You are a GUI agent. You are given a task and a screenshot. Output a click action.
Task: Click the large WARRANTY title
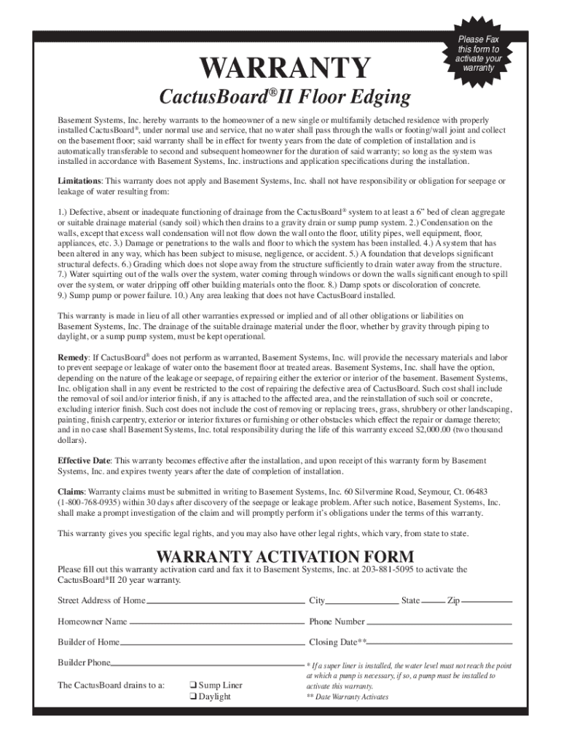click(x=286, y=68)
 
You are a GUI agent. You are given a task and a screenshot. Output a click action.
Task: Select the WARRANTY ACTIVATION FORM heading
click(x=286, y=557)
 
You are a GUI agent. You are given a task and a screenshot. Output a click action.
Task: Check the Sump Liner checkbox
click(x=192, y=686)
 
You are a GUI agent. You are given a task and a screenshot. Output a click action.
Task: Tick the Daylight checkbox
click(x=192, y=696)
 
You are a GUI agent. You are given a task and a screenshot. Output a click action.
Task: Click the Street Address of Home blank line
click(x=225, y=602)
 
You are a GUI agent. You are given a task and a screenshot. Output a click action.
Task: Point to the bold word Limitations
click(x=80, y=180)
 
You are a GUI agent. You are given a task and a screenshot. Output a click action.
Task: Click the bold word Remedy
click(x=73, y=358)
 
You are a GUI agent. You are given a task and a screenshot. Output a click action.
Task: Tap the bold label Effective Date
click(x=84, y=461)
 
